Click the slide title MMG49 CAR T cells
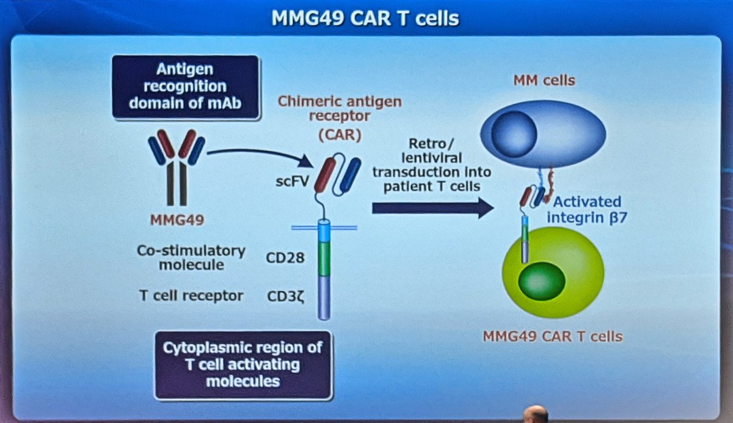(x=365, y=18)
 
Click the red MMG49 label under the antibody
(x=177, y=219)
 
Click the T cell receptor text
(x=191, y=296)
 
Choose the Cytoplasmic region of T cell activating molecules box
(x=243, y=365)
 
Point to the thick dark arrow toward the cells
(x=432, y=208)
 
